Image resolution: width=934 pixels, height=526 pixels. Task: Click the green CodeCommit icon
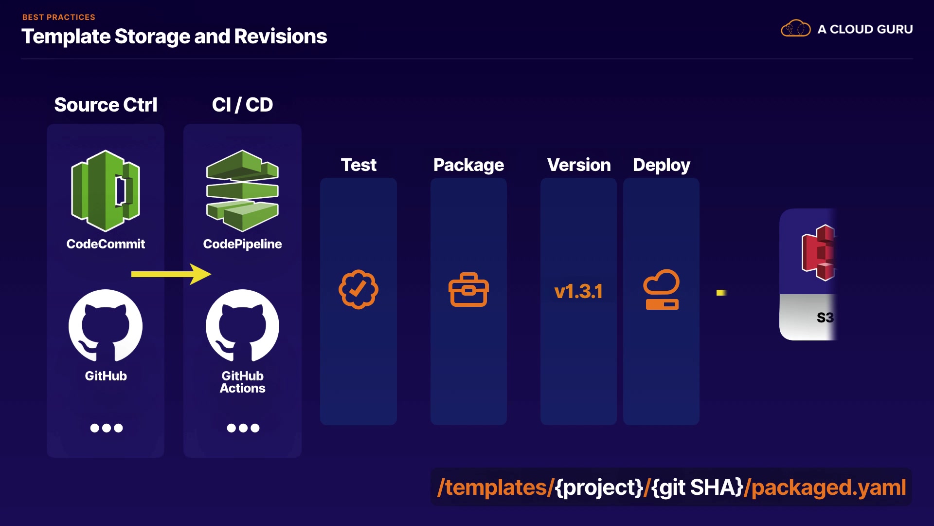(106, 190)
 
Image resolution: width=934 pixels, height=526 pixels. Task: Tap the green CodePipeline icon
(242, 190)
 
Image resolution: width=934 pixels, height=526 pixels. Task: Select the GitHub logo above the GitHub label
(106, 326)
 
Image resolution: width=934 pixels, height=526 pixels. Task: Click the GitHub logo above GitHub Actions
(242, 326)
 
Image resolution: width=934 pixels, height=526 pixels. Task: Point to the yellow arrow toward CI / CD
(171, 274)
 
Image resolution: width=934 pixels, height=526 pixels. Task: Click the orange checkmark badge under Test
(359, 289)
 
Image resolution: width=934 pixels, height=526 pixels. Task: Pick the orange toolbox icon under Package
(468, 290)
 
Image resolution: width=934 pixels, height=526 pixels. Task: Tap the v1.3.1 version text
(578, 292)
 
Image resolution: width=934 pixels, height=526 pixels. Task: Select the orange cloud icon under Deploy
(662, 290)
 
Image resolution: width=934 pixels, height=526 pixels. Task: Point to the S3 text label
(825, 318)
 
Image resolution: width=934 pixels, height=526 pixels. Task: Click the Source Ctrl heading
(106, 105)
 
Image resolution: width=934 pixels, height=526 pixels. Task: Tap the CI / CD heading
(242, 105)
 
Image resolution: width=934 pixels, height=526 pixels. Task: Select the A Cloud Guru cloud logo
(795, 29)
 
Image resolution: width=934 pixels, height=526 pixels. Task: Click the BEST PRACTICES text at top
(59, 17)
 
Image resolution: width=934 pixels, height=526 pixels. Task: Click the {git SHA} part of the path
(698, 488)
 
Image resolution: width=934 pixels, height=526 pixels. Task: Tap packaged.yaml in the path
(829, 488)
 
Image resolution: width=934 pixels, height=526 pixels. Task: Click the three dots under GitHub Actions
(243, 428)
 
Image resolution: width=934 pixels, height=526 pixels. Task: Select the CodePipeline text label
(242, 244)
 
